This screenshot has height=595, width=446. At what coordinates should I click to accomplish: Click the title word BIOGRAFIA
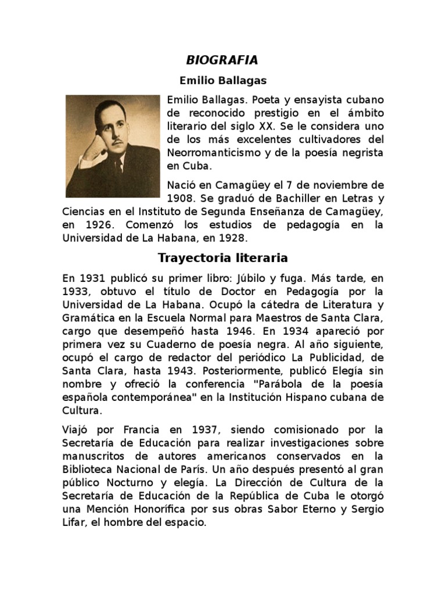click(222, 60)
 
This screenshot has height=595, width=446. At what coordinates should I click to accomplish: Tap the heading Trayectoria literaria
click(223, 257)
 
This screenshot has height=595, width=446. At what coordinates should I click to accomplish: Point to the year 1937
click(203, 430)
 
